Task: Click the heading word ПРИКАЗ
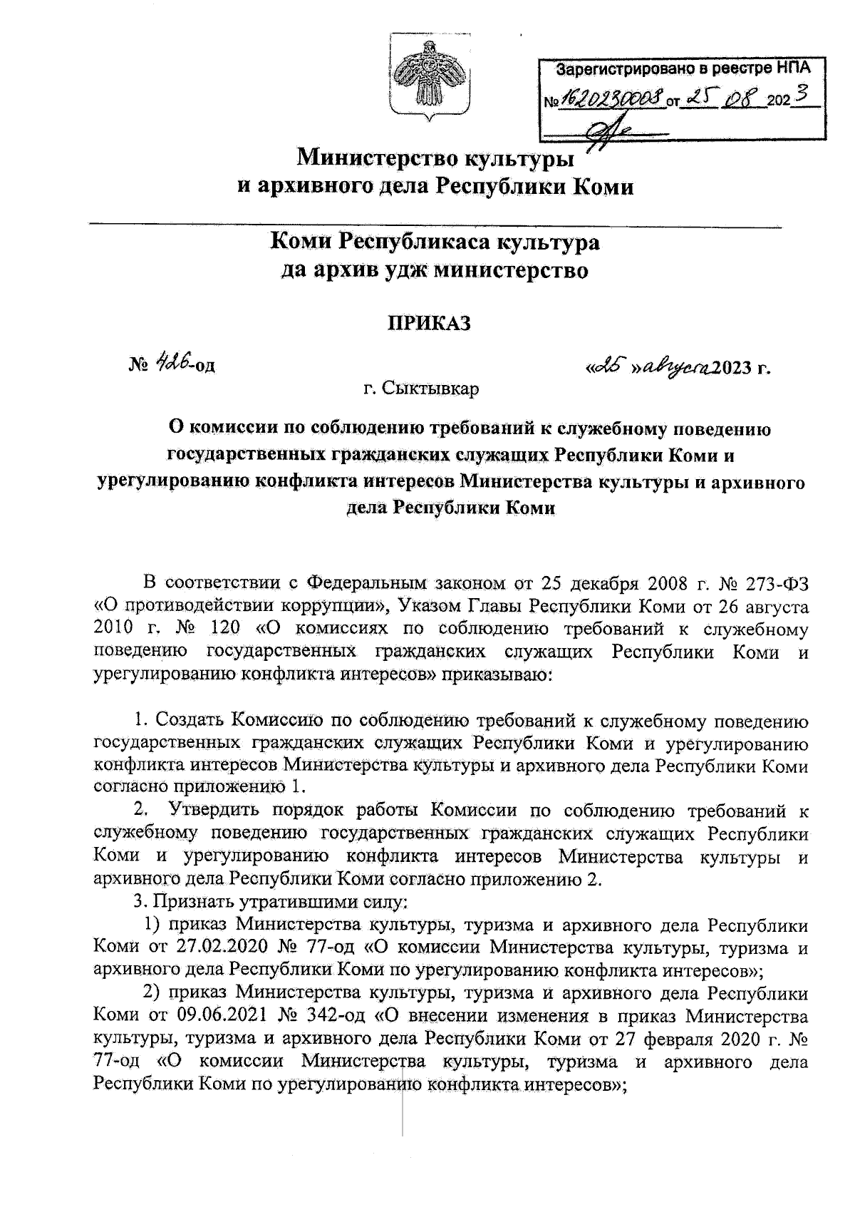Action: [x=429, y=323]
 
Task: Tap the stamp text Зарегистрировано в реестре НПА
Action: [x=683, y=70]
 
